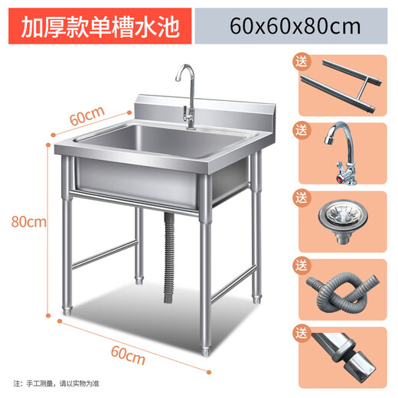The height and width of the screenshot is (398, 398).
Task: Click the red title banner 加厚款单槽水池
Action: pyautogui.click(x=99, y=28)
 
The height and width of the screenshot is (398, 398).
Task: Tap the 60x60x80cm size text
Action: pyautogui.click(x=295, y=28)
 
